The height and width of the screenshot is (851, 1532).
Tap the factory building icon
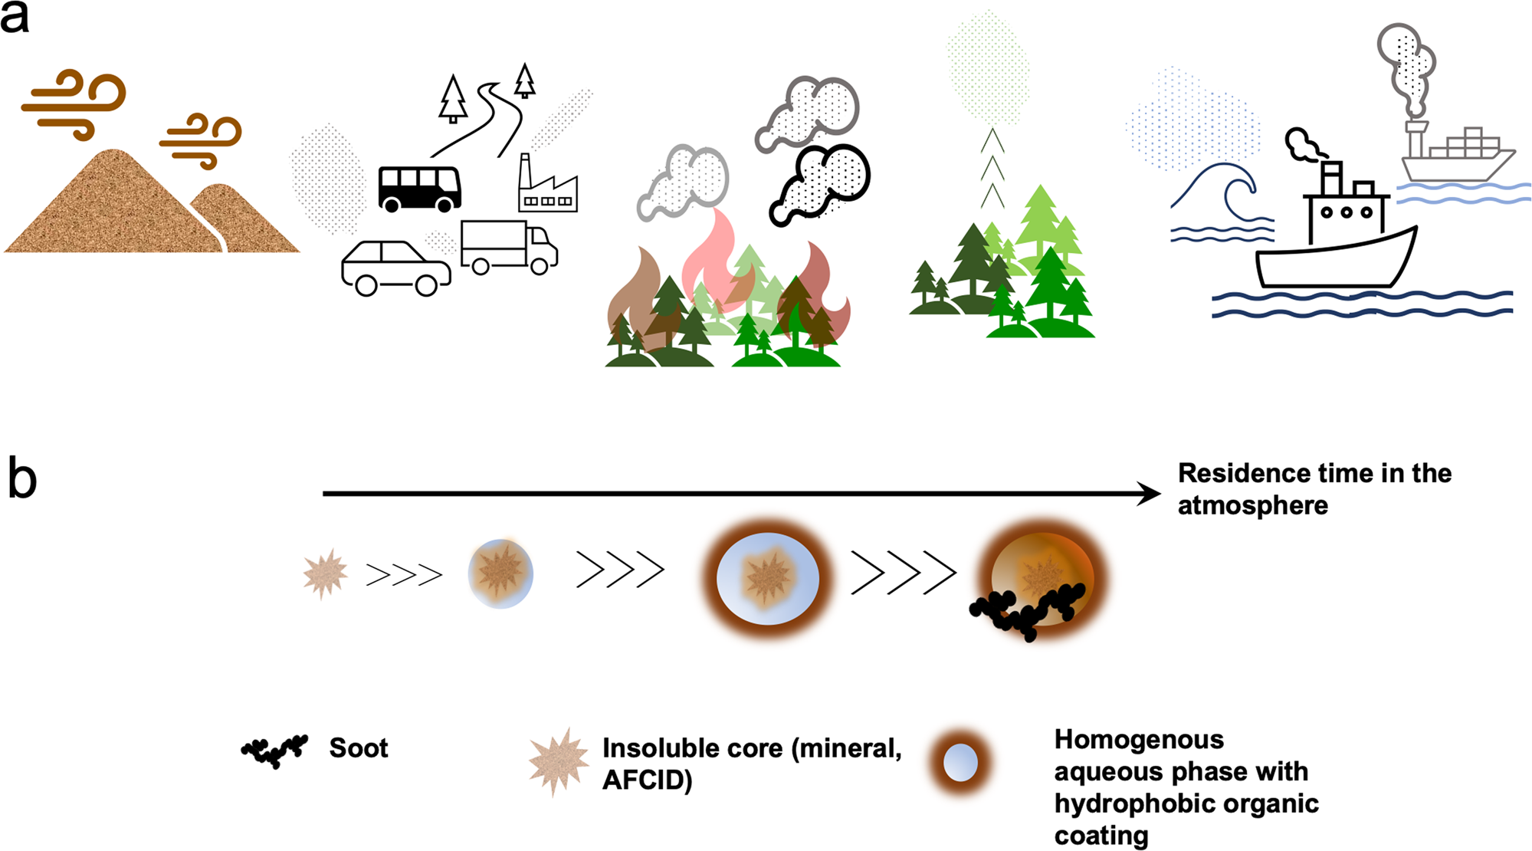point(547,188)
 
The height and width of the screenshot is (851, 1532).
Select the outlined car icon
point(395,268)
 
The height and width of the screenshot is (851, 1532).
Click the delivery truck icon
point(508,247)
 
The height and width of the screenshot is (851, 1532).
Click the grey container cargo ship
point(1456,157)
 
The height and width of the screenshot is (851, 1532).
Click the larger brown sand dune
point(115,207)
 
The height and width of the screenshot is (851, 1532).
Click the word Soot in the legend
point(358,747)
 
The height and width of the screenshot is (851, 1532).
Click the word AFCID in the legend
point(647,780)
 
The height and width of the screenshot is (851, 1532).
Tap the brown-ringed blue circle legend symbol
point(960,763)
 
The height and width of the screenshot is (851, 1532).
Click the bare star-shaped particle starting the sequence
point(325,573)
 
